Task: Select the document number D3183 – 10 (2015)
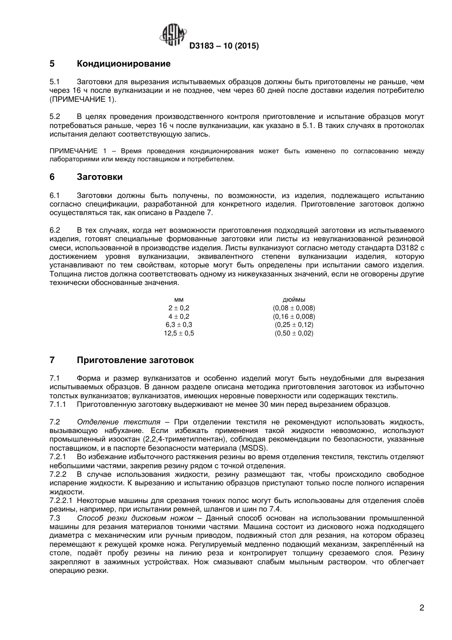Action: tap(224, 46)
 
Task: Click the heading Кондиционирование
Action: tap(123, 64)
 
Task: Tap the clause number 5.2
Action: tap(55, 117)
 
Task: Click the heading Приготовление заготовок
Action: tap(135, 360)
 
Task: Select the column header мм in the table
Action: tap(179, 300)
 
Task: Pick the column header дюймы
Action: tap(294, 300)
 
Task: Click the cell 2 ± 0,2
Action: tap(179, 308)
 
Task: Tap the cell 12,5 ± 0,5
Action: tap(179, 334)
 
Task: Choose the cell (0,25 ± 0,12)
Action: tap(294, 325)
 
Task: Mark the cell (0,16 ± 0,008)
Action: tap(294, 316)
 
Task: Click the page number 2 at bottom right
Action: tap(422, 608)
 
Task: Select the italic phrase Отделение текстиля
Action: tap(118, 422)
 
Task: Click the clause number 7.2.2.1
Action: tap(61, 501)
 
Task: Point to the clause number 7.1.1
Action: tap(58, 404)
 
